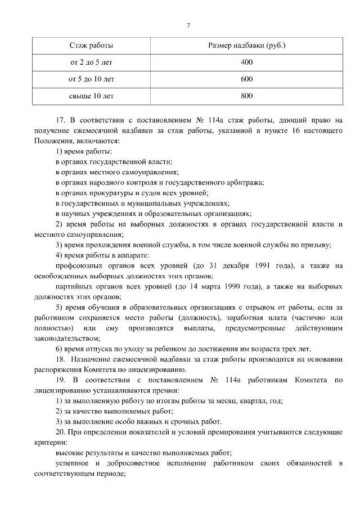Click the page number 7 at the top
click(188, 25)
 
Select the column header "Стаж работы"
click(91, 44)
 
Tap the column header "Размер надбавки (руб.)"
click(246, 44)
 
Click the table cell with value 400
click(246, 62)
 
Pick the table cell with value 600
click(246, 79)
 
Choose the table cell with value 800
click(246, 96)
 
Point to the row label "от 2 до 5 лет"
click(91, 62)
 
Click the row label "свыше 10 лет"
click(91, 96)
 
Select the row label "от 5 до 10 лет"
click(91, 79)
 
